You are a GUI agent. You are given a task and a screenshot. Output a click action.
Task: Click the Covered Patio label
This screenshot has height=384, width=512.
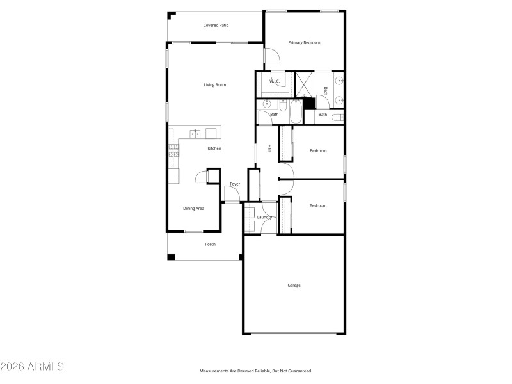click(x=216, y=26)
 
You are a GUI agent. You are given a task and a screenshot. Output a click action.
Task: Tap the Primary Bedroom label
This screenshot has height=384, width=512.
click(x=304, y=42)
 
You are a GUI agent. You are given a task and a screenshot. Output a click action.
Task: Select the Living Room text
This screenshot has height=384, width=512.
click(x=215, y=85)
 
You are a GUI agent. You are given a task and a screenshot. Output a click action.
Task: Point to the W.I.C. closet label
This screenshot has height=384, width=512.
click(x=274, y=81)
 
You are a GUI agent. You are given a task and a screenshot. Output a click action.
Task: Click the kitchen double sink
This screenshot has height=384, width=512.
click(x=195, y=133)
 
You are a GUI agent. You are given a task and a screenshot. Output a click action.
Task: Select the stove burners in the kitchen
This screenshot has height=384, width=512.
click(x=173, y=150)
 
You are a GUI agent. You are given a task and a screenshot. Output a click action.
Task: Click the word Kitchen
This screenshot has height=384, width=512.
click(x=214, y=148)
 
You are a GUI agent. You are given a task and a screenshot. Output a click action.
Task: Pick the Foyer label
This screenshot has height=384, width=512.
click(x=235, y=184)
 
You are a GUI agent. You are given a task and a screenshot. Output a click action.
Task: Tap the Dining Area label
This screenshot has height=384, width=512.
click(x=193, y=208)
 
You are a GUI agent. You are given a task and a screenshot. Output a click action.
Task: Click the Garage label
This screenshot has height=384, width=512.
click(x=294, y=285)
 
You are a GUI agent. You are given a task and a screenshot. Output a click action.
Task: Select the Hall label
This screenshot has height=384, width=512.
click(x=270, y=148)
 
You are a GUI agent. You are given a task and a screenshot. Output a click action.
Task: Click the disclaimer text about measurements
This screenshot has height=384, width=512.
click(x=256, y=371)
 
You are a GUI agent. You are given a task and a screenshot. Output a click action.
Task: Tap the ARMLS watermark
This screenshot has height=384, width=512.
click(x=32, y=367)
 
